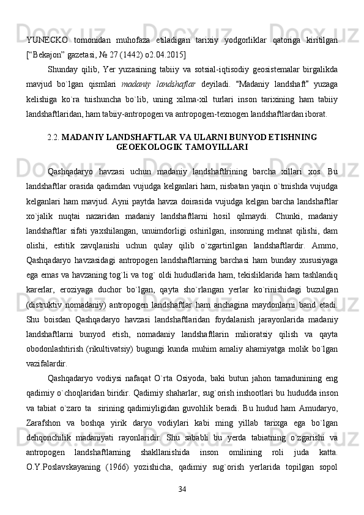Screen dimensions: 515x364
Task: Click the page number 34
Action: click(x=182, y=489)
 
